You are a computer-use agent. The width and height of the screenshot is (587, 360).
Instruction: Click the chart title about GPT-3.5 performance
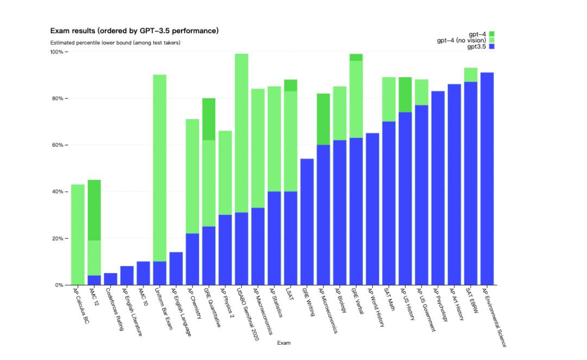(x=134, y=31)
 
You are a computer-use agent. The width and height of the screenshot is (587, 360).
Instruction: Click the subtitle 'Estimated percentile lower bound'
(x=115, y=42)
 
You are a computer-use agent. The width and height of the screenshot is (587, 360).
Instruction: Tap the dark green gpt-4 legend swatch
(x=491, y=34)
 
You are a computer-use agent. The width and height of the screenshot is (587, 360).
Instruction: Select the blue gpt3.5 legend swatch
(x=491, y=47)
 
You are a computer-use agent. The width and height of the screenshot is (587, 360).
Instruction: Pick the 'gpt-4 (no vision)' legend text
(x=461, y=40)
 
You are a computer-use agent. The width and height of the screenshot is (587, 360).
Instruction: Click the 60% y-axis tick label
(x=58, y=145)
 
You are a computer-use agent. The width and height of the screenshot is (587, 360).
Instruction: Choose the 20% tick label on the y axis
(x=58, y=239)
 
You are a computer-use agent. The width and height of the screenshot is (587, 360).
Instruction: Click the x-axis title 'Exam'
(x=284, y=343)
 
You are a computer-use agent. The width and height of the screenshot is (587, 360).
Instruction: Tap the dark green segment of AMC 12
(x=94, y=210)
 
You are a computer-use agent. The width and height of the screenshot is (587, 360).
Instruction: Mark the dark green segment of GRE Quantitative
(x=209, y=119)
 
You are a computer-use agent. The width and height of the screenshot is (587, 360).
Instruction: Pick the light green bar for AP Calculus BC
(x=78, y=234)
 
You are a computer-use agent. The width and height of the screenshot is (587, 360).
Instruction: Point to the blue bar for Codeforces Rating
(x=110, y=279)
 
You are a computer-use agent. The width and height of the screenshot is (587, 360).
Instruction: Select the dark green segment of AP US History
(x=405, y=95)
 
